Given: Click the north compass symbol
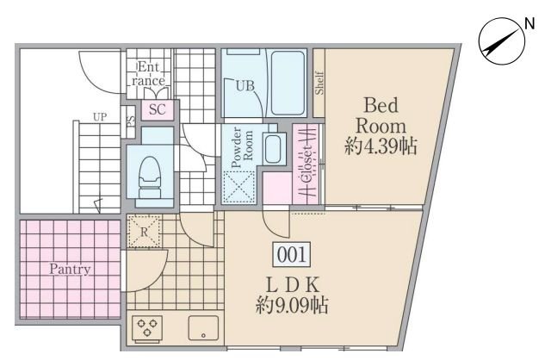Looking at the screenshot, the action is (x=502, y=41).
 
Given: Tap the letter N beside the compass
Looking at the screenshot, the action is (x=529, y=23).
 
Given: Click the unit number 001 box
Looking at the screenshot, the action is (x=292, y=254).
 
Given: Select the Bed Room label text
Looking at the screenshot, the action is (x=381, y=115).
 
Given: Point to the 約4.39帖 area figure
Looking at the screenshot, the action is (x=381, y=146).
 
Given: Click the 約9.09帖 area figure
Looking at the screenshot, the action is (x=292, y=305).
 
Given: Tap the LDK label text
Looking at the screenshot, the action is (x=293, y=285).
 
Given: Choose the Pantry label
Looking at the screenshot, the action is (x=70, y=270).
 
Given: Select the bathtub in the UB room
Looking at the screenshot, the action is (x=288, y=83).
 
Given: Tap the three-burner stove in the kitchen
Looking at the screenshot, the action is (x=147, y=328).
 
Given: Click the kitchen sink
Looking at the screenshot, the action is (x=203, y=328).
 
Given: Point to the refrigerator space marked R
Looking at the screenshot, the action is (x=145, y=231).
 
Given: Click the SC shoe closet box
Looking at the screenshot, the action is (x=158, y=109).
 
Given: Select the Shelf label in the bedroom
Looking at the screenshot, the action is (x=319, y=83).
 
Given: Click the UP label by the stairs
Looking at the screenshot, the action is (x=100, y=117).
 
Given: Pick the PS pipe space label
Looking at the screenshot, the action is (x=130, y=121).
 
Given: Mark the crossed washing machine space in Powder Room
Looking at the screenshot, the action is (x=239, y=187).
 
